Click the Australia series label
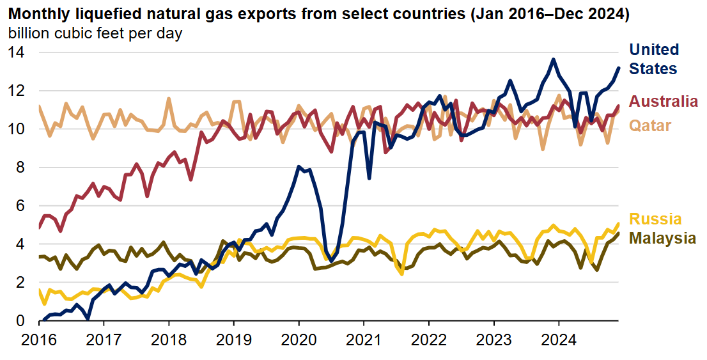[x=664, y=101]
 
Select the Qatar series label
[x=651, y=125]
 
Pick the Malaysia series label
[x=663, y=239]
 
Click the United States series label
[x=654, y=59]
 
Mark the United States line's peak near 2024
[x=553, y=59]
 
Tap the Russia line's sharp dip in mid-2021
[x=401, y=274]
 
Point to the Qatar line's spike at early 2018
[x=169, y=98]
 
